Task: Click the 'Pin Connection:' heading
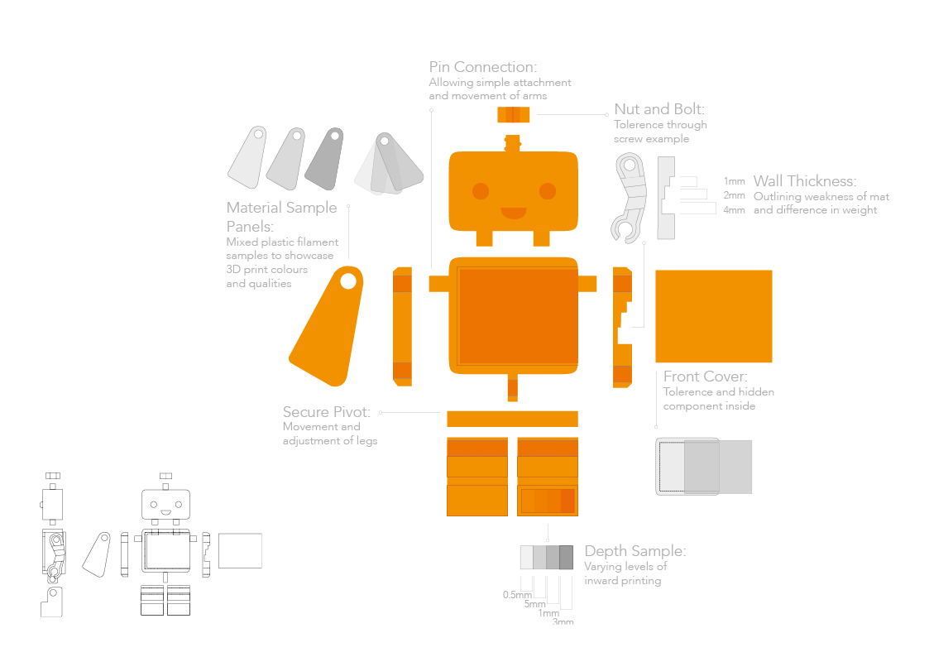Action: point(483,67)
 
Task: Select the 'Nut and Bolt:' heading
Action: point(659,109)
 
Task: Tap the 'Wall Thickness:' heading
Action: point(804,181)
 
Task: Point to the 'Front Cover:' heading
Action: point(706,376)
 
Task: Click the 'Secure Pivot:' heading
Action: point(327,411)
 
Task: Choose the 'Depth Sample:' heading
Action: point(634,551)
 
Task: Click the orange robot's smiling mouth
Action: point(513,213)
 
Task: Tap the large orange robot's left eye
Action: point(481,192)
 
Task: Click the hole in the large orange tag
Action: point(348,281)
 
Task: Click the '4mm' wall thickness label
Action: point(734,210)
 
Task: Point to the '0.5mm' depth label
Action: point(517,595)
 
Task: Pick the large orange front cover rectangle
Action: point(713,316)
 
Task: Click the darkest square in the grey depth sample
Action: point(566,557)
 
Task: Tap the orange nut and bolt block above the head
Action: point(513,114)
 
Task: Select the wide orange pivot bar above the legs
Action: point(512,419)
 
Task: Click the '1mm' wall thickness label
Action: point(734,180)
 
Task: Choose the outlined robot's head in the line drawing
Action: point(165,503)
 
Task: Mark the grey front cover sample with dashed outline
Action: point(703,467)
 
